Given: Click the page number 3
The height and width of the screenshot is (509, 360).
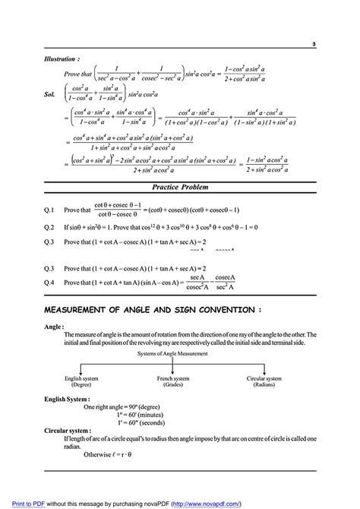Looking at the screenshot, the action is [314, 44].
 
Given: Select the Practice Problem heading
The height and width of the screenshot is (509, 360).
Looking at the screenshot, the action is [179, 187].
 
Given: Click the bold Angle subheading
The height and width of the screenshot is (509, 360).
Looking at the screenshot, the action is [55, 327].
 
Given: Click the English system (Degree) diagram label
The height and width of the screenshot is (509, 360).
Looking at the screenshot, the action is [83, 381].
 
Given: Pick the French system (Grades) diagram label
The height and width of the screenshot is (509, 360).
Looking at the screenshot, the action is [174, 381].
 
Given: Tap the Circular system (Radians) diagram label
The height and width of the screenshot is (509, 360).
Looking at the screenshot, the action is [265, 381].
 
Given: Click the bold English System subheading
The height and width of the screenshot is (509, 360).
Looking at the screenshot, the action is [68, 398].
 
